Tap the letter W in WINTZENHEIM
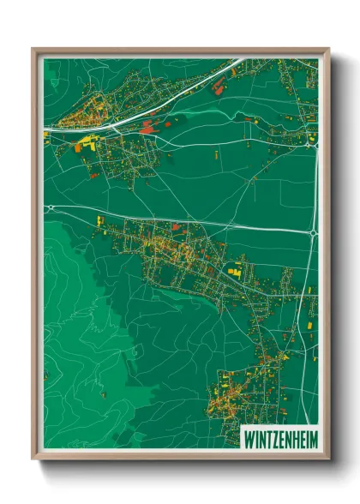[x=249, y=435]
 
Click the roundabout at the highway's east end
[x=314, y=231]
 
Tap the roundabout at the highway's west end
[x=45, y=206]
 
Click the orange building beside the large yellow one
[x=79, y=147]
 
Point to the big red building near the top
[x=217, y=84]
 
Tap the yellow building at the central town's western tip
[x=101, y=221]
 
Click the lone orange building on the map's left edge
[x=45, y=375]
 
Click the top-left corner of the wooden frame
[x=33, y=49]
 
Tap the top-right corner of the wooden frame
[x=328, y=49]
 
